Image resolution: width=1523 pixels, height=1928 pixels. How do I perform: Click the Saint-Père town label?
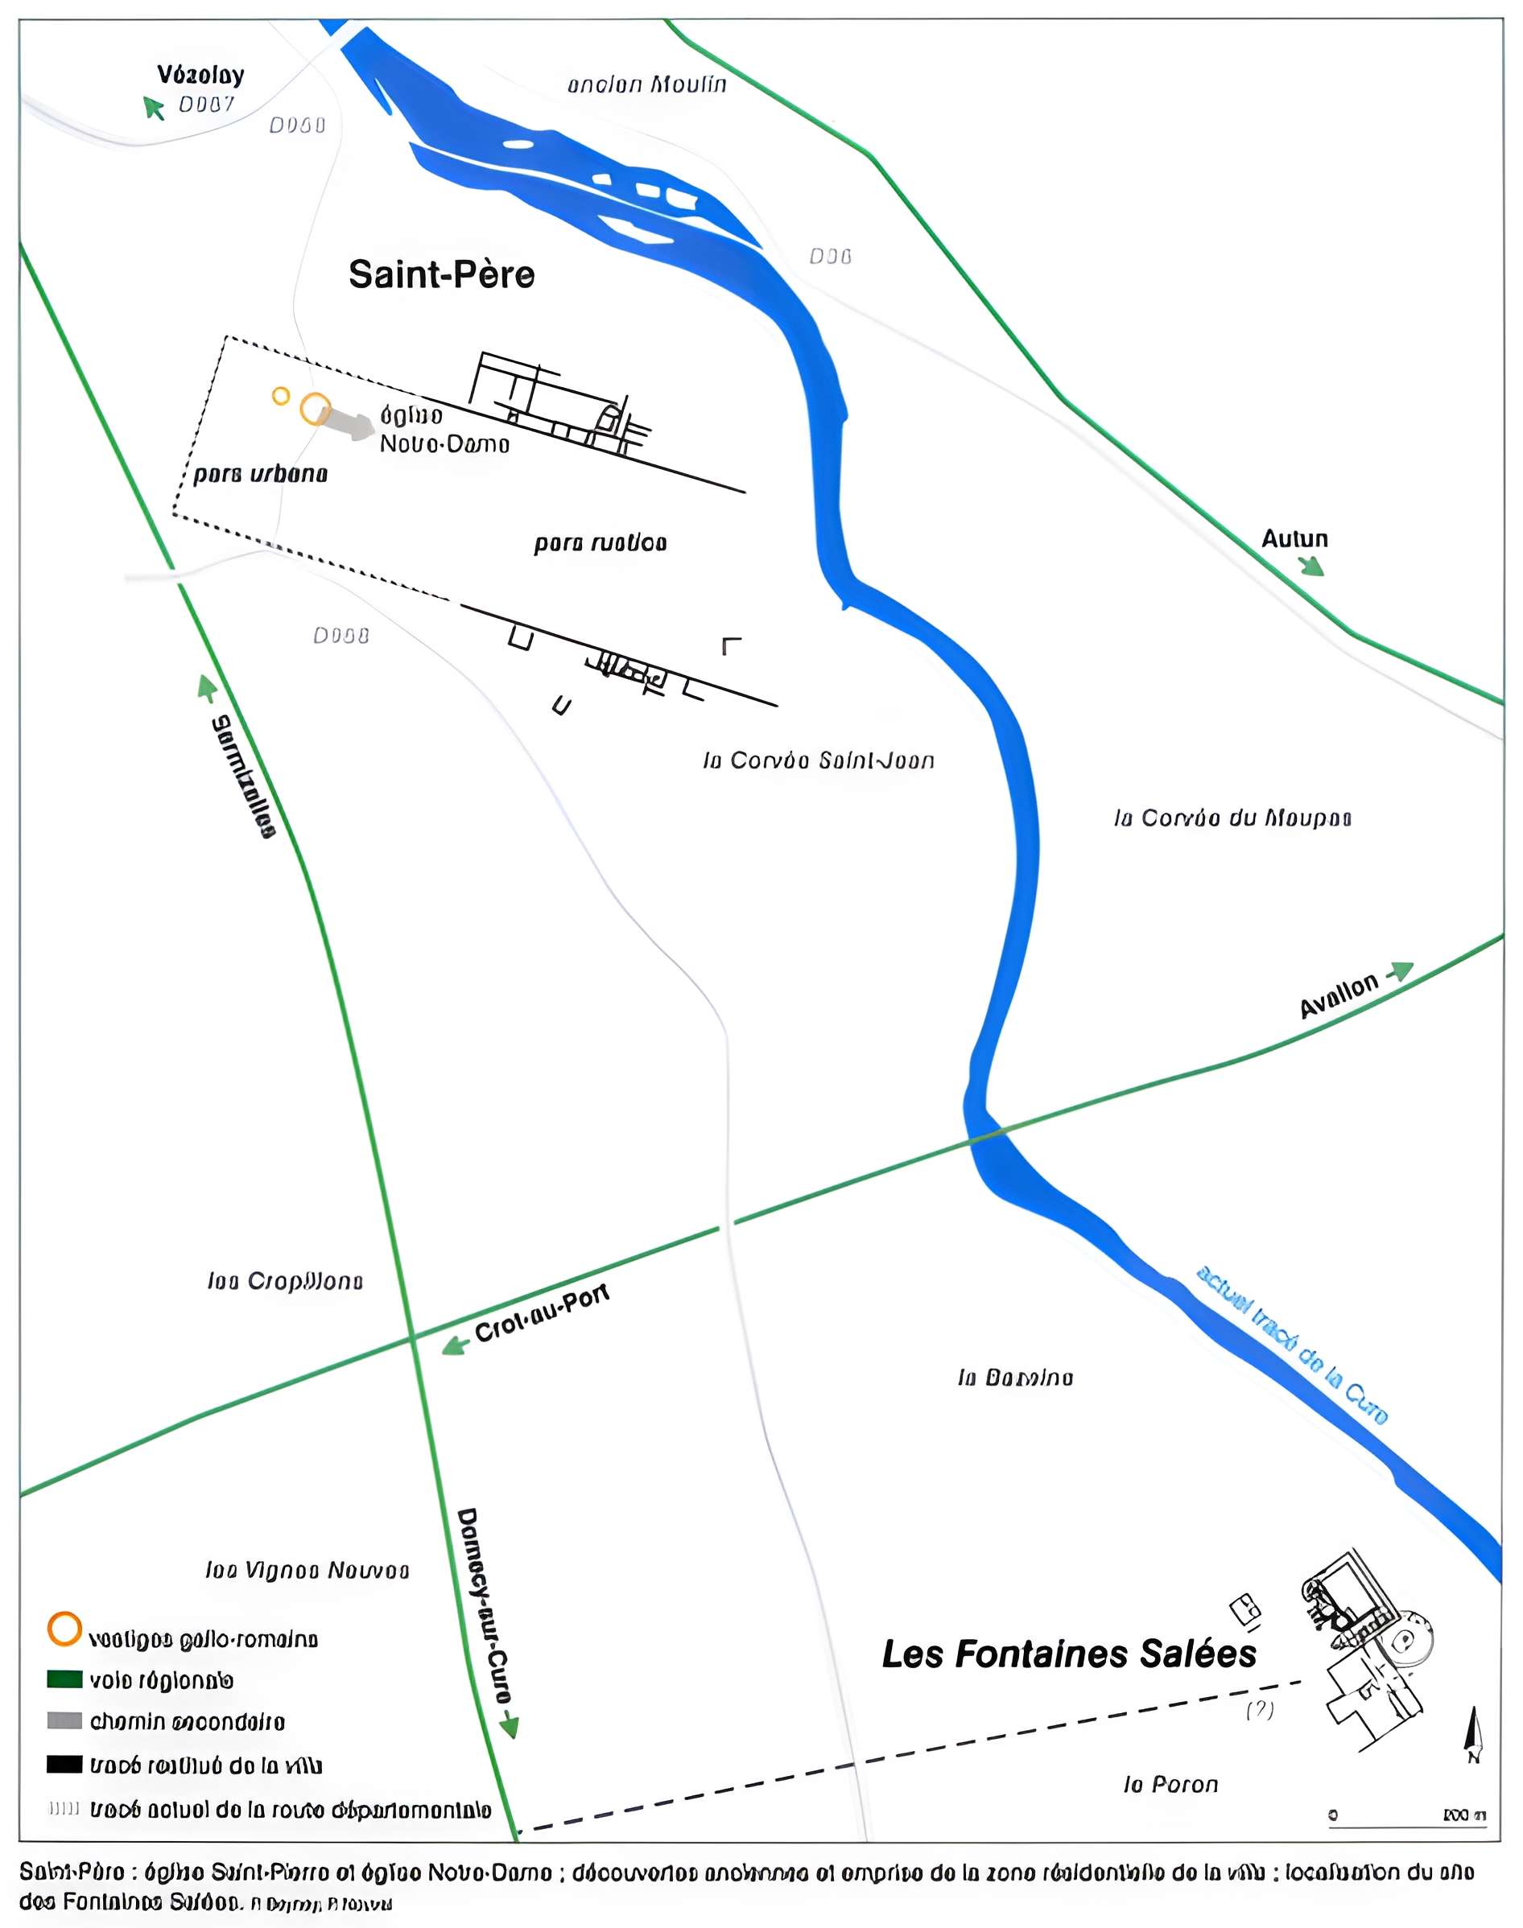[441, 274]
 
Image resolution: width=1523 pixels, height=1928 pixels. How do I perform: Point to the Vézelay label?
[200, 75]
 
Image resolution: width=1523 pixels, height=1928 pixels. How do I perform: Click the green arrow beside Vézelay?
[154, 108]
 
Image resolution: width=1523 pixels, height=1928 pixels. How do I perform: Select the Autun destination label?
[1294, 538]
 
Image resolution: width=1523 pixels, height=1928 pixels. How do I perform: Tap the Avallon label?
[1339, 995]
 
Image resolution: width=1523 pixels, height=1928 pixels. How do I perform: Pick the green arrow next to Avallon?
[1401, 970]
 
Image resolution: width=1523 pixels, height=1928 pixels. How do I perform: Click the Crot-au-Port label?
[541, 1313]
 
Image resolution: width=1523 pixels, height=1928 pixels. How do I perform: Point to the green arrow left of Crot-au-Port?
[455, 1345]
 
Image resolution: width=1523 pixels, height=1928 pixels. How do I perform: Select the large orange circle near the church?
[315, 409]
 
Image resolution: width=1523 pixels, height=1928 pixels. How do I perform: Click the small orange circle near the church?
[281, 396]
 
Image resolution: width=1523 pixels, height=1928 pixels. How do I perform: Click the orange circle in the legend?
[64, 1629]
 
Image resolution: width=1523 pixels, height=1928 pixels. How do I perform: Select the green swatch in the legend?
[64, 1679]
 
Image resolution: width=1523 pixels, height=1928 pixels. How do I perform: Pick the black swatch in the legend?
[64, 1764]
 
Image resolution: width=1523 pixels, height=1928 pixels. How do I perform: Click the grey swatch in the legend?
[64, 1720]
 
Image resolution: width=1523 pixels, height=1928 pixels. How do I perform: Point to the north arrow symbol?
[1474, 1734]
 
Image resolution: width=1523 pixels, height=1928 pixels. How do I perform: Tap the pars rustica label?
[601, 543]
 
